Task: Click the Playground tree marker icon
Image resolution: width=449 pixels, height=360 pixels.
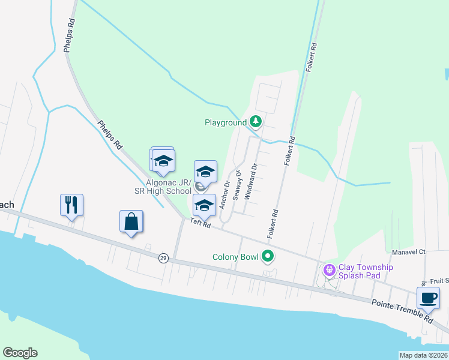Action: tap(256, 122)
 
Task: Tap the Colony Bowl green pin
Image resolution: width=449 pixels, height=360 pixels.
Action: tap(268, 257)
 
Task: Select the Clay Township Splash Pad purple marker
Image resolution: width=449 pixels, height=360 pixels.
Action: tap(329, 271)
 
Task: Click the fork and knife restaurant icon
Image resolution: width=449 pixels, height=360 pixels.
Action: tap(71, 205)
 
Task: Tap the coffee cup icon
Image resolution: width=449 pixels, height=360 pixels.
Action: tap(428, 298)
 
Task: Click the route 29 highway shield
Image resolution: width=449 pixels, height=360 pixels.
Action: tap(163, 258)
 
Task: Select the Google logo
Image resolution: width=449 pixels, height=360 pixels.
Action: tap(20, 353)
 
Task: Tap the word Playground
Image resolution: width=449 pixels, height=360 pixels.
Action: tap(226, 122)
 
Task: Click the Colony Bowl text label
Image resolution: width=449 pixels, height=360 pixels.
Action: tap(235, 257)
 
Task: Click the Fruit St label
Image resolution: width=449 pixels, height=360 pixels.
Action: tap(439, 280)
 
